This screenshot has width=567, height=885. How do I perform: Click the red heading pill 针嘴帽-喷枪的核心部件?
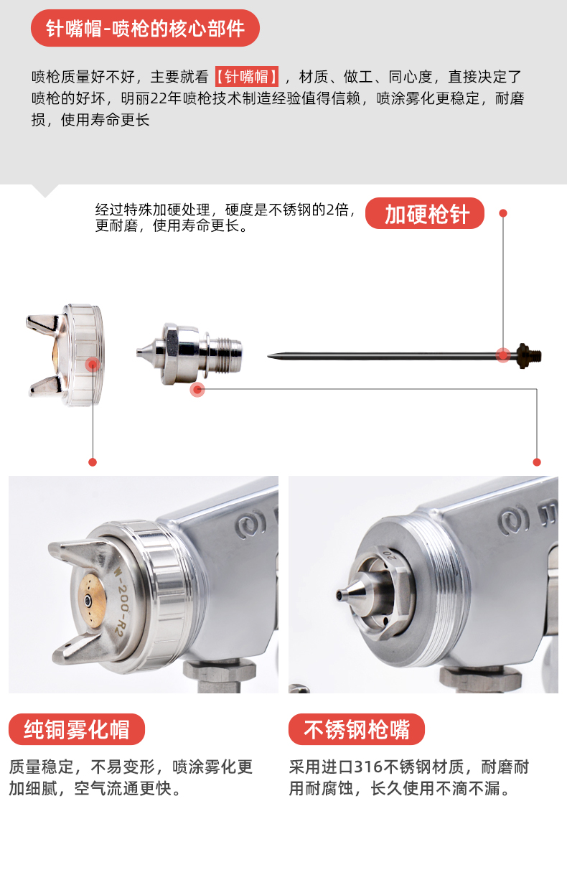[145, 29]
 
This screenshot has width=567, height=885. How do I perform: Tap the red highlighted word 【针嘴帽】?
[247, 77]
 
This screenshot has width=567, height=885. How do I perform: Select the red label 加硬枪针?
[425, 213]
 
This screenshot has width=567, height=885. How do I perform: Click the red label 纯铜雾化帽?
[77, 729]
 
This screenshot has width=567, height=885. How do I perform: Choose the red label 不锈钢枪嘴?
[357, 729]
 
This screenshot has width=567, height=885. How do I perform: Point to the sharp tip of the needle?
[268, 357]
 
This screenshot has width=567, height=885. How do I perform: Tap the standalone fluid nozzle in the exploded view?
[189, 354]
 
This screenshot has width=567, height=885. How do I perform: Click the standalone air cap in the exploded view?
[65, 355]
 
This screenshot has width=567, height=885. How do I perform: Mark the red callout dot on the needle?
[503, 355]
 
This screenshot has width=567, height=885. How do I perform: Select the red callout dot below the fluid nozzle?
[197, 390]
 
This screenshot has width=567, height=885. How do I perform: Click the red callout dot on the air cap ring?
[93, 365]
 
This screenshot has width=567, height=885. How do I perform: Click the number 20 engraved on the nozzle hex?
[389, 553]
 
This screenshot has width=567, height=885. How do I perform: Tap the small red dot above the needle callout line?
[503, 213]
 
